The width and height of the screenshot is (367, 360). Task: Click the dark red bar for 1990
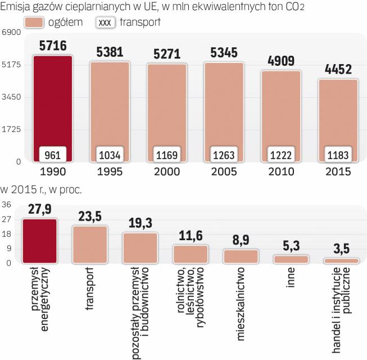click(53, 101)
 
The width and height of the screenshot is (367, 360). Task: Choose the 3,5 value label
click(341, 249)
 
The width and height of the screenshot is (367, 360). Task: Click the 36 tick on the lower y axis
click(7, 204)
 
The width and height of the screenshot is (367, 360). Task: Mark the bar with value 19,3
click(140, 247)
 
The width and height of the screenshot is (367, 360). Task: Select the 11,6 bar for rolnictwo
click(191, 254)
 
